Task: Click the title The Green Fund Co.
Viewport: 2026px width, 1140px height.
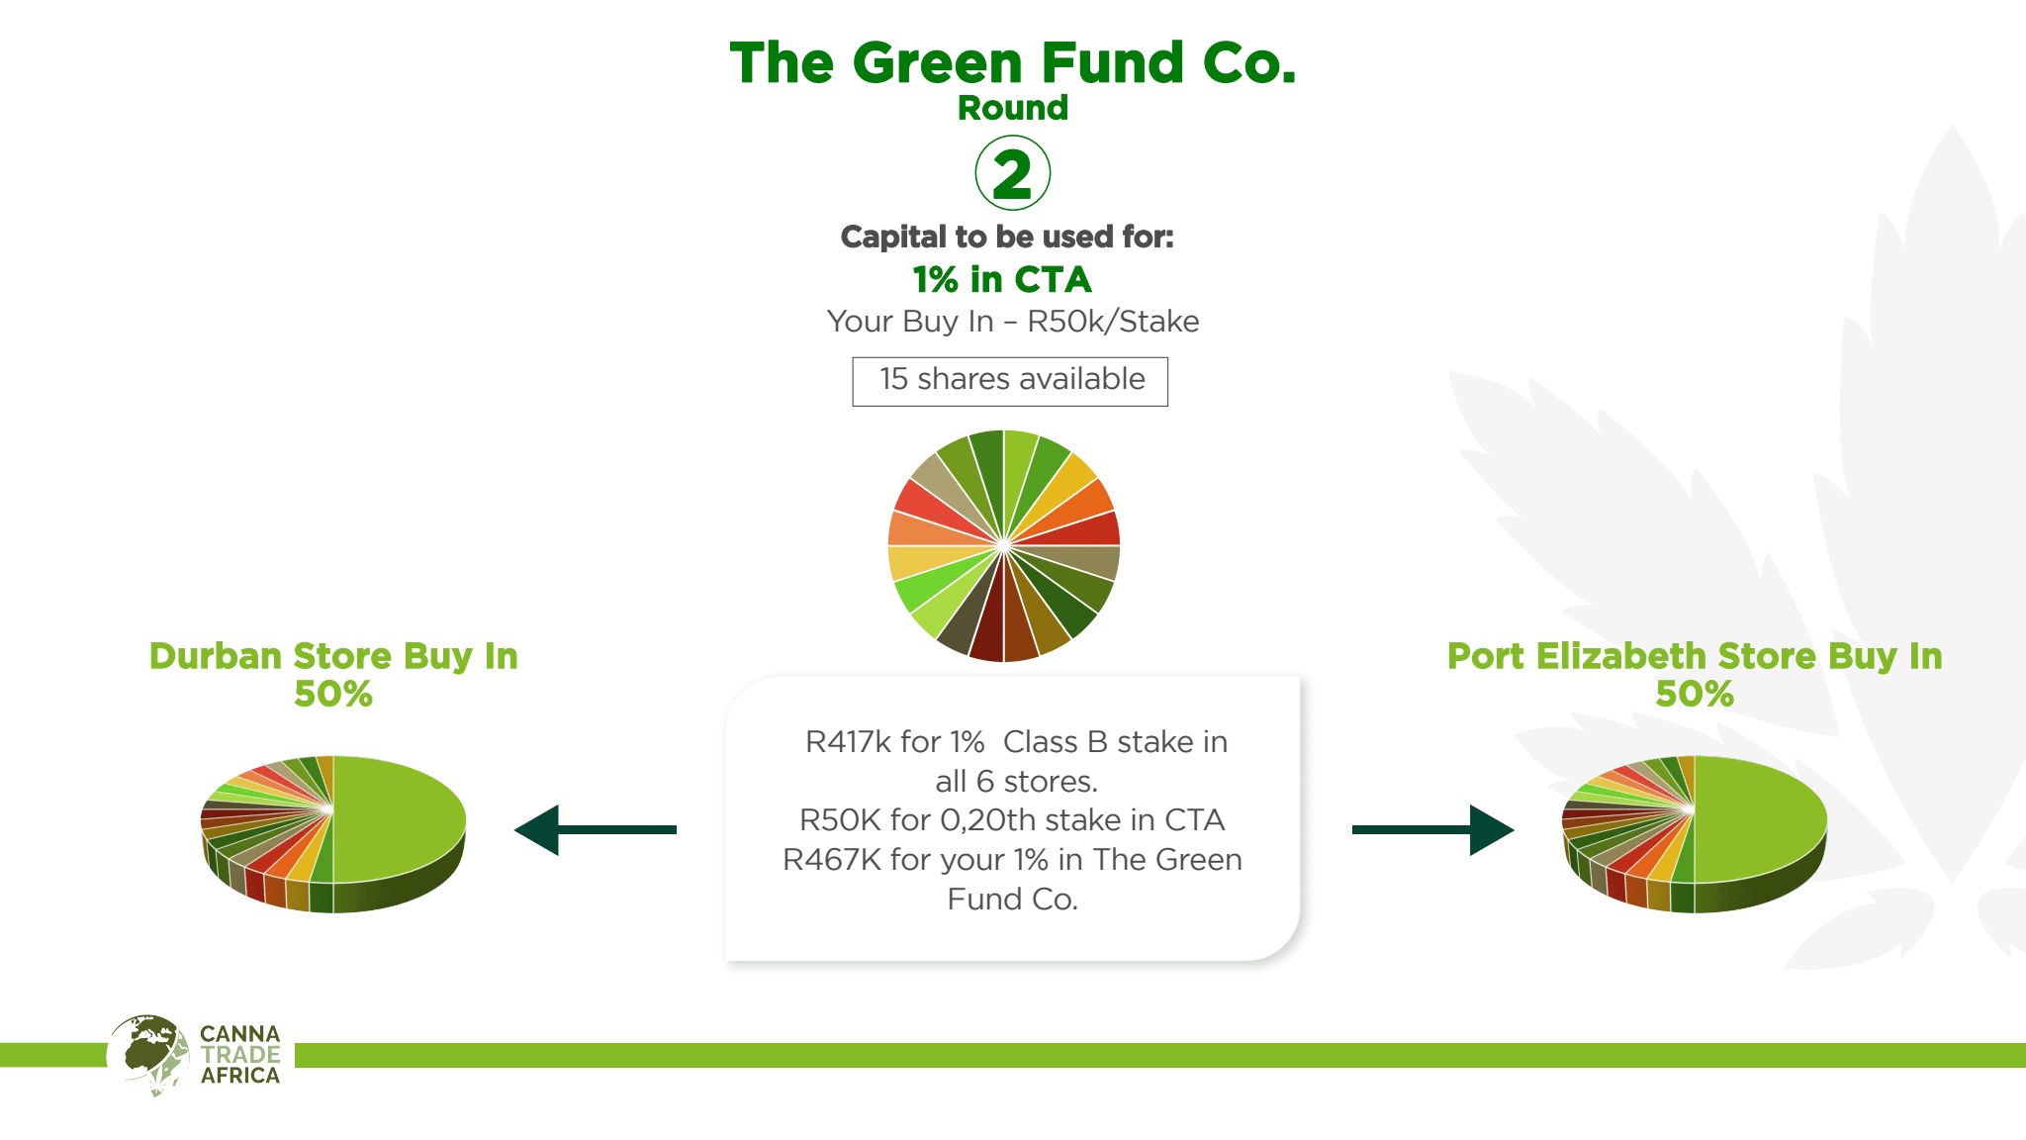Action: (x=1013, y=62)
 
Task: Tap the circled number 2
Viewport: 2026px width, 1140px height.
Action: (x=1012, y=173)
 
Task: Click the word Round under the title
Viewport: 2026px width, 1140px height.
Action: (x=1013, y=108)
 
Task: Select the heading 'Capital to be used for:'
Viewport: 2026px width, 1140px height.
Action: (x=1007, y=237)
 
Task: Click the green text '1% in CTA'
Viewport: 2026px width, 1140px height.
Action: (x=1002, y=280)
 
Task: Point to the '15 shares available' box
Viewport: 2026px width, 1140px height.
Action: (x=1010, y=381)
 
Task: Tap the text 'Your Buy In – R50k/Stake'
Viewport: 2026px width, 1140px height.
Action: (x=1013, y=322)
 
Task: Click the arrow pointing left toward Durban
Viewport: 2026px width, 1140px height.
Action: (x=596, y=829)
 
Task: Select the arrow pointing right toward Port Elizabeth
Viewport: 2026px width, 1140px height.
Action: (x=1432, y=829)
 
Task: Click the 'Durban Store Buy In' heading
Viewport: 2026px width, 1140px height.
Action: (x=333, y=656)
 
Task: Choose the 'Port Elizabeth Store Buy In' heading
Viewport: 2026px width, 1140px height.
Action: (x=1695, y=656)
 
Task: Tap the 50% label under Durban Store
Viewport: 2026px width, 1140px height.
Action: (x=333, y=694)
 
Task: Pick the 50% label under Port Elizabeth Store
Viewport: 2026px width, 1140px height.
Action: (x=1695, y=694)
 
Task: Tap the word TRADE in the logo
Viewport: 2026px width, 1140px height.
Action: (x=240, y=1055)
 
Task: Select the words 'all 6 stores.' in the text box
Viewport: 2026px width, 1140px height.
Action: (x=1017, y=782)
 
